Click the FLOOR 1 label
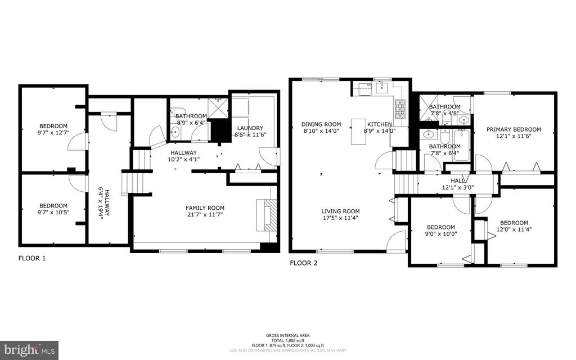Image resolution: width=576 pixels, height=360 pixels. click(x=32, y=258)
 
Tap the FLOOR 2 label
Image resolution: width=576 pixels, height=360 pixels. click(x=304, y=262)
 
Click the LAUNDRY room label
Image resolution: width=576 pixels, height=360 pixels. click(x=250, y=128)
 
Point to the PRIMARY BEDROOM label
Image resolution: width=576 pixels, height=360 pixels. click(x=514, y=129)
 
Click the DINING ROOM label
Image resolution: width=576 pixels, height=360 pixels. click(x=321, y=124)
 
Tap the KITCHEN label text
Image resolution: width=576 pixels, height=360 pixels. click(x=380, y=124)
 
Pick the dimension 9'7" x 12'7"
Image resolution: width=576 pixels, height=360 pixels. click(x=53, y=133)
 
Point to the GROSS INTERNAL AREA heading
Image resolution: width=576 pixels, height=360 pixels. click(x=287, y=335)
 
